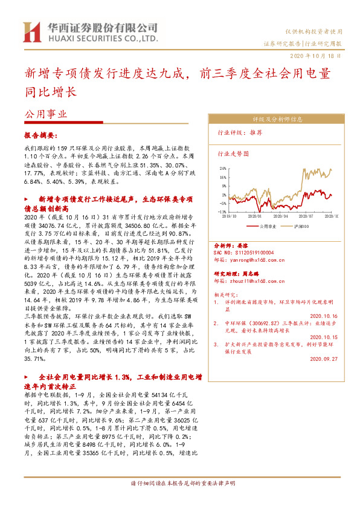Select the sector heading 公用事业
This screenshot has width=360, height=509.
(x=45, y=114)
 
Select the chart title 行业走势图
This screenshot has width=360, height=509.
(x=233, y=154)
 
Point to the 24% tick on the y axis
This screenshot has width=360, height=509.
(x=223, y=169)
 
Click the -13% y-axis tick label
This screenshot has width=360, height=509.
(x=223, y=212)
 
